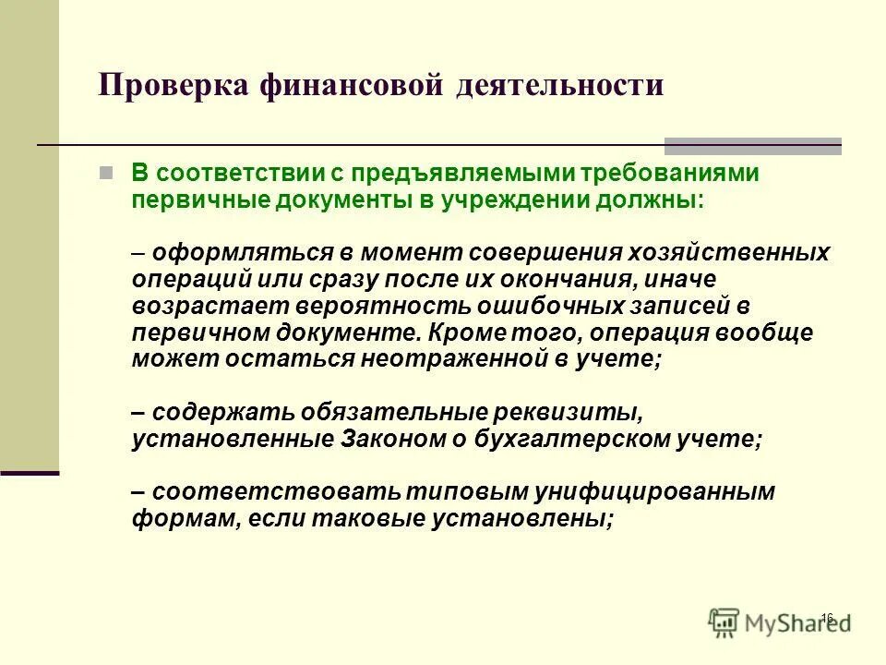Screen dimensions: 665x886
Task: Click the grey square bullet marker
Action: [x=132, y=173]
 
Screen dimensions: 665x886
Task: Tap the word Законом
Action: [x=381, y=439]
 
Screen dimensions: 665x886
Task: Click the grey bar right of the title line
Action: [x=753, y=146]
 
